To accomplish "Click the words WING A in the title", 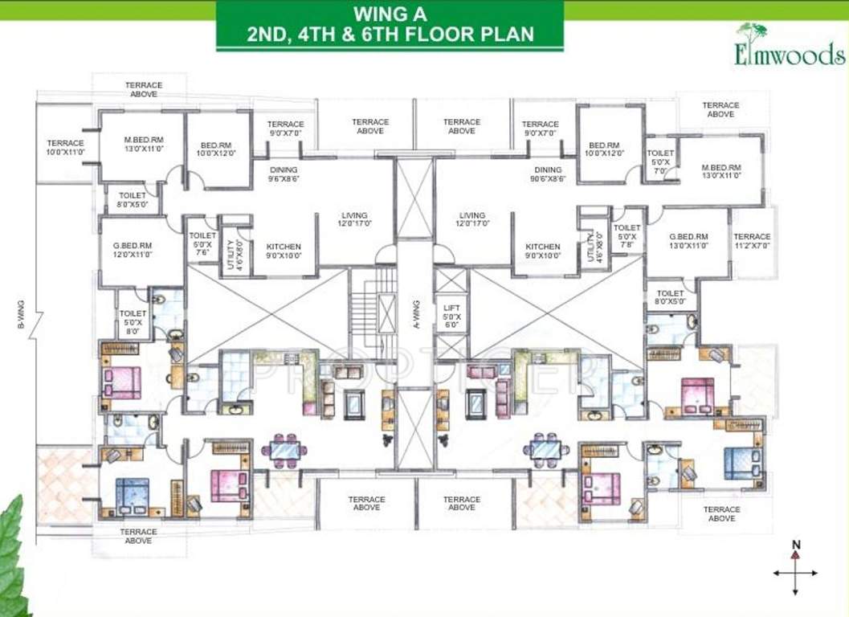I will click(390, 14).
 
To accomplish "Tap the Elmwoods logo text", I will click(789, 54).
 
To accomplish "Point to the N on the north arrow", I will click(795, 545).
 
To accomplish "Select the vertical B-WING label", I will click(22, 314).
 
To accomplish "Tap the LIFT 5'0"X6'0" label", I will click(450, 313).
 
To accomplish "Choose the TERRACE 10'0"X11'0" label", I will click(65, 148).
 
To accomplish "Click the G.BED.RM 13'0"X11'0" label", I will click(688, 242).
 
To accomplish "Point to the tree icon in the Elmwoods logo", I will click(753, 36).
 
